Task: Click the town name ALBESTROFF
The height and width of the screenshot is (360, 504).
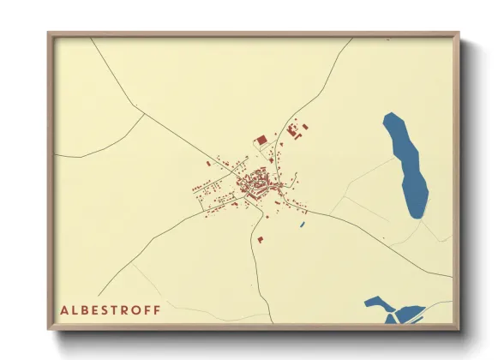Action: coord(109,309)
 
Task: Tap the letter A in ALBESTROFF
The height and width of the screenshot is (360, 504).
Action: coord(64,309)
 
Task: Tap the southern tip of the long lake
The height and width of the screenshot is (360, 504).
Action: coord(417,217)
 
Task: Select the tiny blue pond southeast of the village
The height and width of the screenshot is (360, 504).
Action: coord(302,225)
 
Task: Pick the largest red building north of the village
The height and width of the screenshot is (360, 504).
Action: coord(261,139)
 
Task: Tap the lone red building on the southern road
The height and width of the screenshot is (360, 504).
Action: coord(259,239)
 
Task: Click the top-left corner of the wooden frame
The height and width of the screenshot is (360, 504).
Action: coord(50,34)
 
